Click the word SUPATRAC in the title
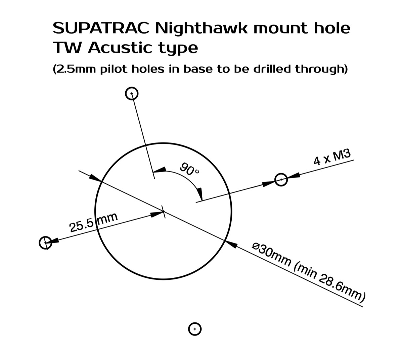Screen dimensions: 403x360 point(101,28)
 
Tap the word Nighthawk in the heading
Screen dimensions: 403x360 point(201,29)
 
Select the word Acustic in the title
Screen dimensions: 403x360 point(120,48)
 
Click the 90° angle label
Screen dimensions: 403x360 point(189,169)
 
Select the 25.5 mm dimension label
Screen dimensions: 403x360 point(93,222)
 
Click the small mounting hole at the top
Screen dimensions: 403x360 point(132,93)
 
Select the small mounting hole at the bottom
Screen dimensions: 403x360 point(195,329)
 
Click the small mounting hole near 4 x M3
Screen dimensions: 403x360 point(281,180)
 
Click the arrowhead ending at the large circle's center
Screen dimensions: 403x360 point(157,214)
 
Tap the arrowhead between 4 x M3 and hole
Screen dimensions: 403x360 point(294,175)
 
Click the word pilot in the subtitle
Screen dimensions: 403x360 point(114,70)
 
